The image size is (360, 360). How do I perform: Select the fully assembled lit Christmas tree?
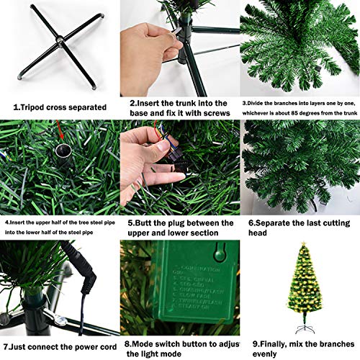pos(299,287)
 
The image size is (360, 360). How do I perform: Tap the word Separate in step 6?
pos(282,223)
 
